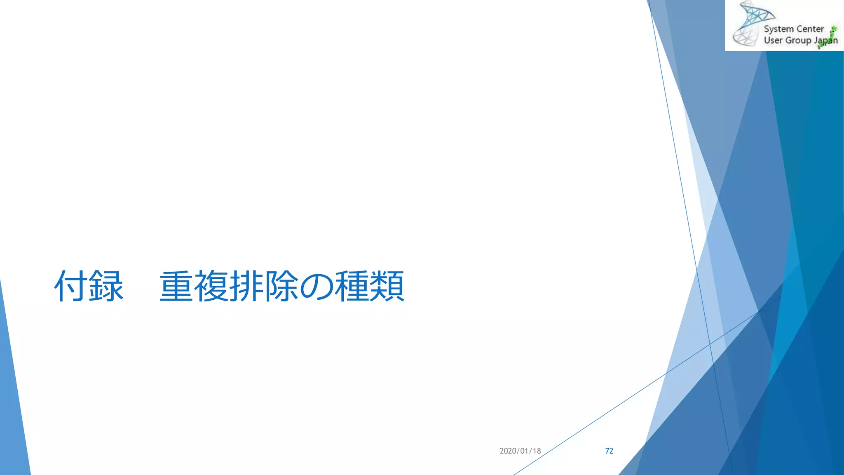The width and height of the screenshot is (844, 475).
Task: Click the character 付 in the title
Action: pyautogui.click(x=71, y=286)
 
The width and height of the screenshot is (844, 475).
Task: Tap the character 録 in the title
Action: pyautogui.click(x=106, y=286)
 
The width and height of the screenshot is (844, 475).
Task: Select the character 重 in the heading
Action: pyautogui.click(x=176, y=286)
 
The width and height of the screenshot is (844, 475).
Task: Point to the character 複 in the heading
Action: pyautogui.click(x=211, y=286)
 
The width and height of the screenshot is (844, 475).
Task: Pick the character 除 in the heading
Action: pyautogui.click(x=281, y=286)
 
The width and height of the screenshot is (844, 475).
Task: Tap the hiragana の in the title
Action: pyautogui.click(x=316, y=286)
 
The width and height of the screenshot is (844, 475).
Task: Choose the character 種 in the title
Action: pyautogui.click(x=352, y=286)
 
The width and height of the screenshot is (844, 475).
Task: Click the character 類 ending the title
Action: pyautogui.click(x=387, y=286)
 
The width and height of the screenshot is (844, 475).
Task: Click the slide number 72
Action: pyautogui.click(x=609, y=451)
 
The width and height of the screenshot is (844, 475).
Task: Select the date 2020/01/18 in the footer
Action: pyautogui.click(x=520, y=451)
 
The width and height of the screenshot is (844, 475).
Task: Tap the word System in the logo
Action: pyautogui.click(x=778, y=29)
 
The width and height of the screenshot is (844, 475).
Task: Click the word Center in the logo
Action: pyautogui.click(x=810, y=29)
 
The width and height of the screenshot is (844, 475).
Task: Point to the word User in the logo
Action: pyautogui.click(x=773, y=40)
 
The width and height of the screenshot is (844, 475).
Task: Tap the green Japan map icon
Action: pyautogui.click(x=830, y=36)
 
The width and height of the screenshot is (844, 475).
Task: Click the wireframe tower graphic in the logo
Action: pyautogui.click(x=749, y=24)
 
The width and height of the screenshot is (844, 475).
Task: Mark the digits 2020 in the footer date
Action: pyautogui.click(x=507, y=451)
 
